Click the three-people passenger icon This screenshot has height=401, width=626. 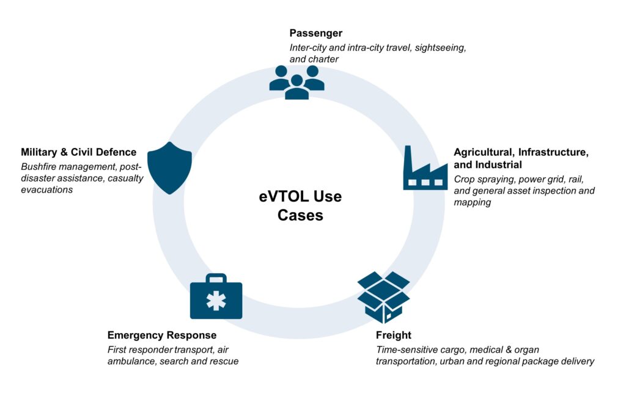pyautogui.click(x=296, y=82)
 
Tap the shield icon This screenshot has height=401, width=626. pyautogui.click(x=170, y=167)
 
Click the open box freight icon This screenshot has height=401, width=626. pyautogui.click(x=383, y=297)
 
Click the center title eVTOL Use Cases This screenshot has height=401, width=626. pyautogui.click(x=300, y=206)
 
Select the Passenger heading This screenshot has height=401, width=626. pyautogui.click(x=316, y=33)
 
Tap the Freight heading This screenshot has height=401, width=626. pyautogui.click(x=394, y=335)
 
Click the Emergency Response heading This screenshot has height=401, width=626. pyautogui.click(x=162, y=335)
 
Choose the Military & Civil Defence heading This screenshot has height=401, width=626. pyautogui.click(x=79, y=152)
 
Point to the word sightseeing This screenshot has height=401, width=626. pyautogui.click(x=441, y=47)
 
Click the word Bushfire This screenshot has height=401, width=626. pyautogui.click(x=40, y=166)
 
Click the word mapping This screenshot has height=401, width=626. pyautogui.click(x=473, y=202)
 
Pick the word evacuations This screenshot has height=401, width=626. pyautogui.click(x=46, y=189)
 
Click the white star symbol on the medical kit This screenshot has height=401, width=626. pyautogui.click(x=215, y=302)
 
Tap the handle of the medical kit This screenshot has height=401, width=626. pyautogui.click(x=215, y=278)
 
